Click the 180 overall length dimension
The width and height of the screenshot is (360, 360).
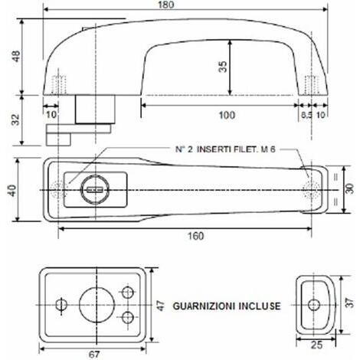166,5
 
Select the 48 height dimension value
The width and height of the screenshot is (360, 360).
16,56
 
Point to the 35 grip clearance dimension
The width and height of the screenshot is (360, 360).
223,67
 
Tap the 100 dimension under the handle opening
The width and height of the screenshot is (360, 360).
227,115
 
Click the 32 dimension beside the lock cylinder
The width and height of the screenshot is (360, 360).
16,119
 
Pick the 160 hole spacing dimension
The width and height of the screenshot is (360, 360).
195,236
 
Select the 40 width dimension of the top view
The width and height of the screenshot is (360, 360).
12,191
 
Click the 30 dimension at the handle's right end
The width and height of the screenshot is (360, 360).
350,189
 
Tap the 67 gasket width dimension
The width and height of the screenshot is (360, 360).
94,355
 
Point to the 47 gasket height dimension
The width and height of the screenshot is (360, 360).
161,306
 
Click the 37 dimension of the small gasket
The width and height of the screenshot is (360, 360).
351,303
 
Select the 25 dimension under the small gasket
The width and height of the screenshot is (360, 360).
316,345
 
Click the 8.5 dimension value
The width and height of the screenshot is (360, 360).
306,115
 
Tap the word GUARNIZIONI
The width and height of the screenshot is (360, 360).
205,306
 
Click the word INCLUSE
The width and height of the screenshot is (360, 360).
260,306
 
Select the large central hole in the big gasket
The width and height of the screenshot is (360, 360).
97,305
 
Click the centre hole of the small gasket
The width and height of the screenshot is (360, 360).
314,305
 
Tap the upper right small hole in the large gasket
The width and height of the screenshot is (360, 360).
127,293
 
